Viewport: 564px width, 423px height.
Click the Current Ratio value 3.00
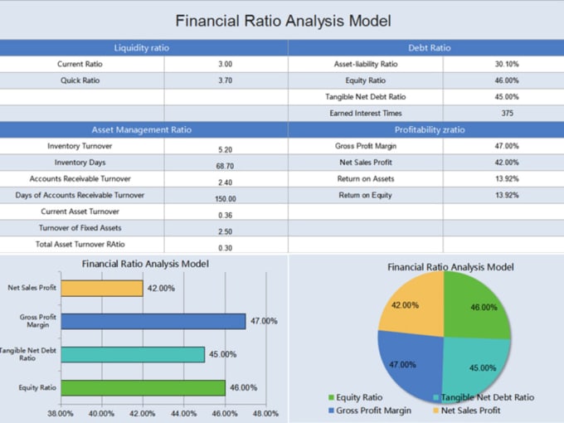coord(225,64)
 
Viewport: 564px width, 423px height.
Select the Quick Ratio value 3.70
coord(225,80)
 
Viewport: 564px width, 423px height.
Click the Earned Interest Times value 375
coord(507,114)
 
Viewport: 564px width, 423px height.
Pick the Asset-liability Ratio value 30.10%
coord(507,64)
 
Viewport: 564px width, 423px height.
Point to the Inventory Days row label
coord(80,163)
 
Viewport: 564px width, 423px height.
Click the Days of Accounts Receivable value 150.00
coord(225,199)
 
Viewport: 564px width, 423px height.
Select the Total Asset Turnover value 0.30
coord(225,248)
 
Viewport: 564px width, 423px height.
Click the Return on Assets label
coord(366,179)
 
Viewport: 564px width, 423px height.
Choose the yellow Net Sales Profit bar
coord(102,288)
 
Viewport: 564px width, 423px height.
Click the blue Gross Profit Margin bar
coord(153,321)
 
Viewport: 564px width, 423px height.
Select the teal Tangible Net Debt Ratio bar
coord(133,354)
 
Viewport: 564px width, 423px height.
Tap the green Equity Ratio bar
coord(143,387)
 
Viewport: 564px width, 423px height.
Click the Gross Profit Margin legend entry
coord(374,411)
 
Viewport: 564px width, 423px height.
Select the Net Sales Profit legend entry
coord(470,411)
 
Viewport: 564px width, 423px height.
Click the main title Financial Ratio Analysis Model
coord(283,21)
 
